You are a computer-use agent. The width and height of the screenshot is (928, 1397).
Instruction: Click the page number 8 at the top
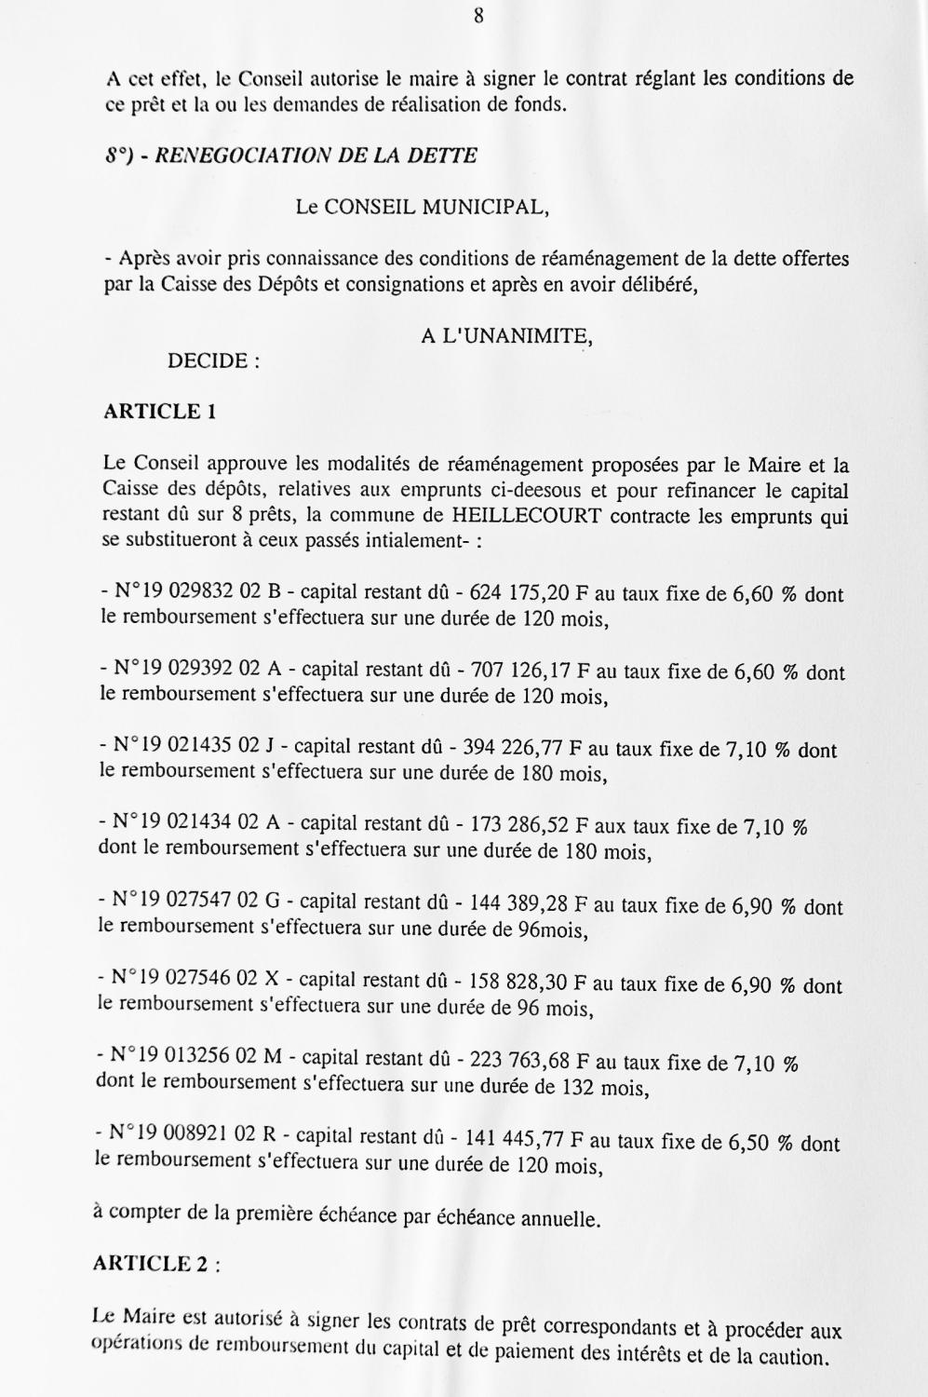477,16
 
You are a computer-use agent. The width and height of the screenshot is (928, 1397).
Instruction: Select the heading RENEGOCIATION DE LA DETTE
316,156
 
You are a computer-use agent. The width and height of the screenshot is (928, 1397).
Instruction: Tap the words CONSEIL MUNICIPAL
435,207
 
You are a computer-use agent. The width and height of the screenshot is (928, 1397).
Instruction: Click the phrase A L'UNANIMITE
506,336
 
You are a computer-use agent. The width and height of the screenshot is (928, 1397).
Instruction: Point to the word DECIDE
208,361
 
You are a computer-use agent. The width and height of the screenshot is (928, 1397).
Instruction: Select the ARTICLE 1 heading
159,412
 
